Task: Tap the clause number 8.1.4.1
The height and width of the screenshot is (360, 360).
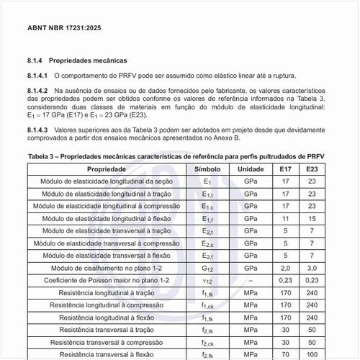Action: click(37, 75)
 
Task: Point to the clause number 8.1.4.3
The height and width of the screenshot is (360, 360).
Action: click(37, 130)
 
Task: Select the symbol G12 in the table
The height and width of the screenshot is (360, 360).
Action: click(207, 267)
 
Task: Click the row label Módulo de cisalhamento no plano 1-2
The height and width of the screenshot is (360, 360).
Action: click(107, 267)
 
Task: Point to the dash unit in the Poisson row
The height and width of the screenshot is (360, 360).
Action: click(251, 279)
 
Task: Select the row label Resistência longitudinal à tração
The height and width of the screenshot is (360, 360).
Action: click(107, 292)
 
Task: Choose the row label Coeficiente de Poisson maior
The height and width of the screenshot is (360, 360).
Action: click(107, 279)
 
